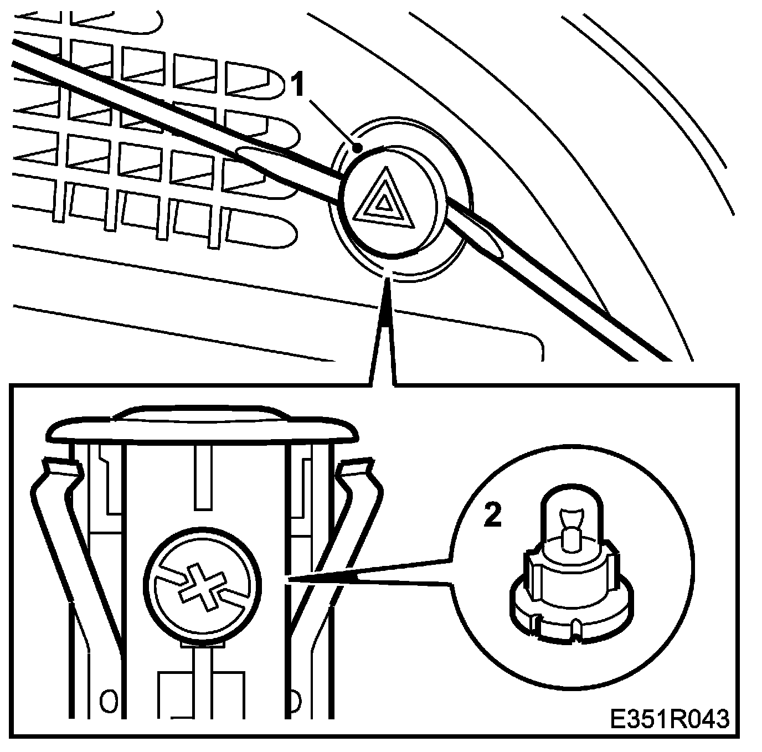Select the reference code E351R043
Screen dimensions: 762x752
[x=669, y=719]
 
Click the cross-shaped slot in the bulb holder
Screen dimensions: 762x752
[x=200, y=588]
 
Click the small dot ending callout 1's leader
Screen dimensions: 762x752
[x=359, y=148]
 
